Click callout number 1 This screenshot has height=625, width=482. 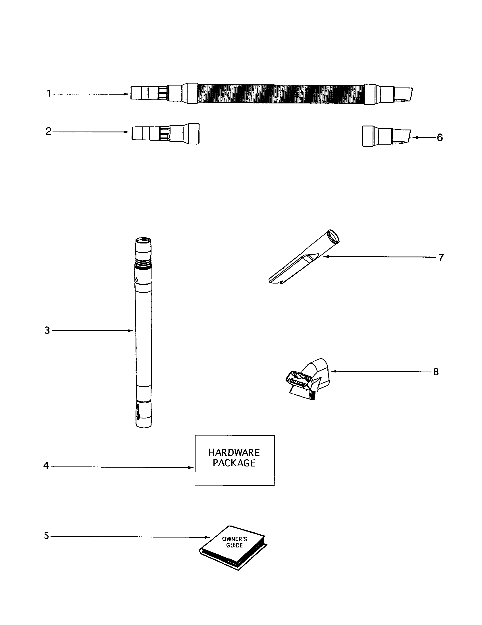point(49,93)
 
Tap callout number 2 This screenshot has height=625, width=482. point(48,132)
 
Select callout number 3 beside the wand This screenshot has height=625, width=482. point(47,330)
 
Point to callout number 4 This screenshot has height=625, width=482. point(46,466)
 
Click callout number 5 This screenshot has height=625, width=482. point(46,536)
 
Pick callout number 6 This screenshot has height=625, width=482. point(440,138)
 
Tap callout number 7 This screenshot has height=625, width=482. point(441,258)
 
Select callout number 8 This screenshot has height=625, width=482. point(436,372)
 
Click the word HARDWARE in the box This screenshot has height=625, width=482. point(234,453)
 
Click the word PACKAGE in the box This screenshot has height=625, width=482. point(234,463)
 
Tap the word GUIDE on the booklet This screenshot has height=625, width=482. point(234,545)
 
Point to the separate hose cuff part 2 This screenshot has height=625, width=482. point(165,134)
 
